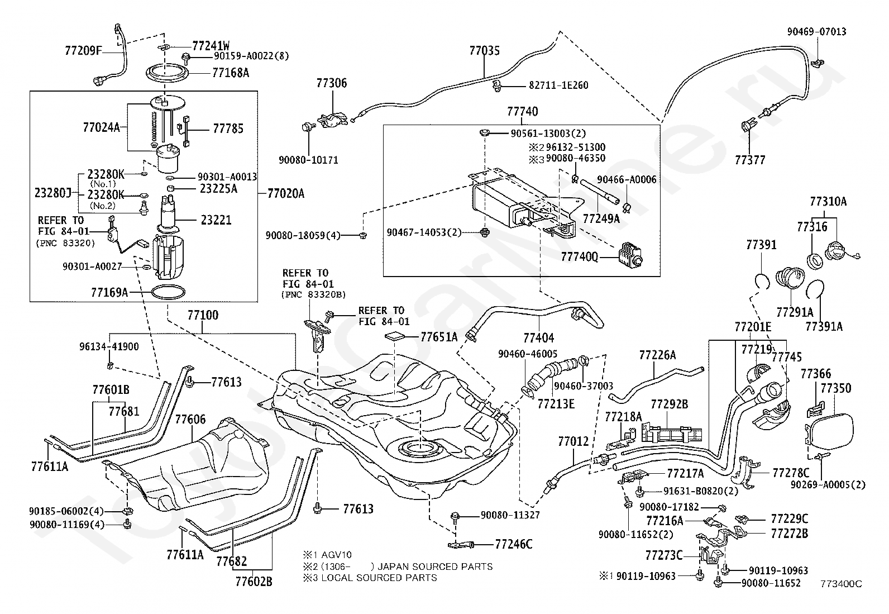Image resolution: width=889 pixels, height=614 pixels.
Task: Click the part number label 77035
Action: coord(484,50)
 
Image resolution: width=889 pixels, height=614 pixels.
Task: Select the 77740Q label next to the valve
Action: coord(579,257)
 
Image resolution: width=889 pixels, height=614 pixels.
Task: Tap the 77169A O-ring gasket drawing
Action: coord(168,292)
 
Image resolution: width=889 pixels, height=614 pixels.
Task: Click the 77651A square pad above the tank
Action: coord(395,336)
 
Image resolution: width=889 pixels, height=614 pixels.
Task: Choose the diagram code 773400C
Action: coord(842,584)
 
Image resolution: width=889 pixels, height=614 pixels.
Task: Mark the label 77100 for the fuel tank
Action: coord(203,315)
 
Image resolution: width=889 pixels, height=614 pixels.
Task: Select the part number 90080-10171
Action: coord(308,160)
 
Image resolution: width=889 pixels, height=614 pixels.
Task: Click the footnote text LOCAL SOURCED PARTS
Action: coord(379,578)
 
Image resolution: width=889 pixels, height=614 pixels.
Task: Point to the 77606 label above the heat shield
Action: coord(190,419)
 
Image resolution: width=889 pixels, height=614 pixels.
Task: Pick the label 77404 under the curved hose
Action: coord(538,338)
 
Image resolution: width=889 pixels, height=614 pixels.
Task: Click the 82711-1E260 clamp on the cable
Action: coord(496,86)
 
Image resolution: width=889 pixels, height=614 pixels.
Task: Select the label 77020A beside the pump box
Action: coord(286,193)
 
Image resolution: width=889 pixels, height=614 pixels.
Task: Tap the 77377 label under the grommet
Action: coord(750,160)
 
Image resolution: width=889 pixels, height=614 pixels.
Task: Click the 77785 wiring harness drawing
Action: coord(184,131)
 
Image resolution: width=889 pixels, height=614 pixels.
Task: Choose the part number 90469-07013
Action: coord(817,31)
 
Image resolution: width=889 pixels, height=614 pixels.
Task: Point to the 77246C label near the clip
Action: coord(514,544)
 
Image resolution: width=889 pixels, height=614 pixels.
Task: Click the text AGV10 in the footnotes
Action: coord(337,555)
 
